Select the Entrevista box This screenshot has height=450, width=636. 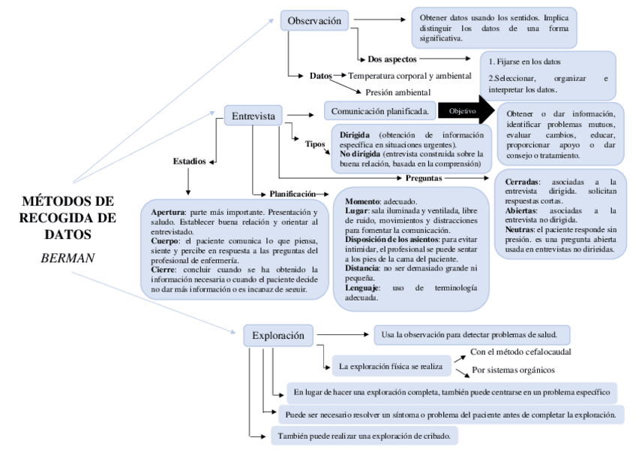(x=253, y=116)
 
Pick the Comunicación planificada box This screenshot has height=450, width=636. (x=379, y=111)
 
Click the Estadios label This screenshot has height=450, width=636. (x=189, y=161)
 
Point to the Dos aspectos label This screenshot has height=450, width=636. (x=392, y=58)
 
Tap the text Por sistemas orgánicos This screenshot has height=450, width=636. (x=513, y=370)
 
